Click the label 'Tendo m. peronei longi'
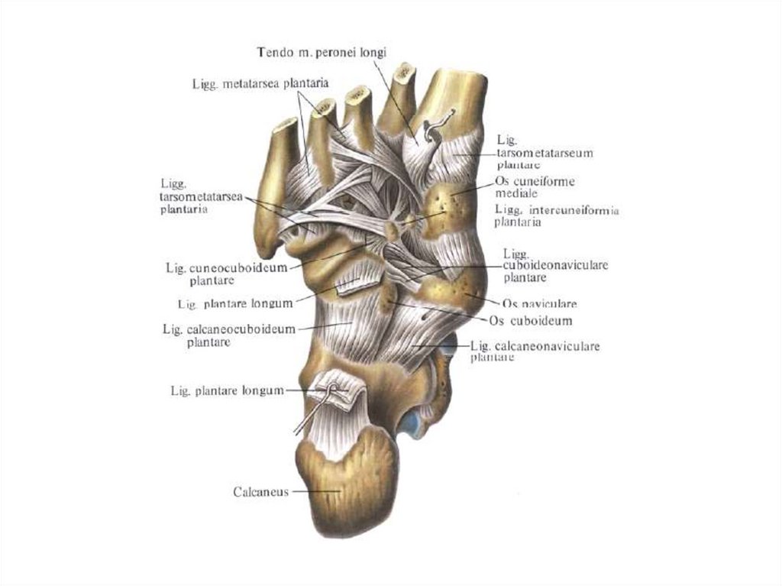pyautogui.click(x=322, y=52)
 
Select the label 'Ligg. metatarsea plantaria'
pyautogui.click(x=260, y=83)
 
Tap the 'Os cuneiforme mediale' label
pyautogui.click(x=535, y=187)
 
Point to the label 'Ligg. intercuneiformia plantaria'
pyautogui.click(x=556, y=216)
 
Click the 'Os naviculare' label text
pyautogui.click(x=539, y=303)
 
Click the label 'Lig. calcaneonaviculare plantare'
pyautogui.click(x=535, y=351)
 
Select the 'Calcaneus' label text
pyautogui.click(x=260, y=492)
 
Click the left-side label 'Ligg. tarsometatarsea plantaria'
pyautogui.click(x=197, y=196)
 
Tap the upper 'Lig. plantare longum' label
pyautogui.click(x=235, y=303)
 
